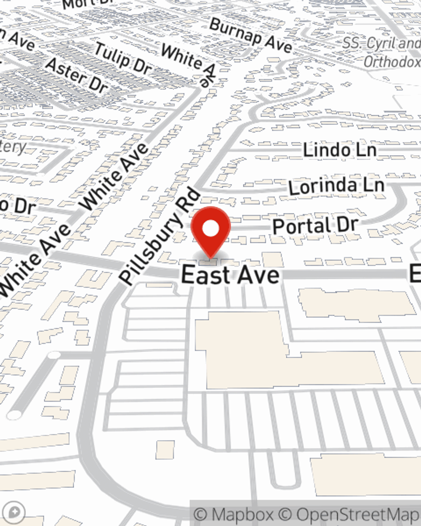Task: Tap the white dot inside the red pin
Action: click(210, 229)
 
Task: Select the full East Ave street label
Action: click(230, 276)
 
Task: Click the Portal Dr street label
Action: click(315, 226)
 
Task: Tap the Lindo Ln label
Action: click(339, 150)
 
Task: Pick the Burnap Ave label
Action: click(250, 35)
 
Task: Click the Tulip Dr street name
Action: click(122, 58)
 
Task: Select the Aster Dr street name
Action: click(77, 76)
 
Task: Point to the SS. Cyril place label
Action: click(381, 43)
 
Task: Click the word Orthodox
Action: click(392, 62)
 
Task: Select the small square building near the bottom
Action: click(165, 450)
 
